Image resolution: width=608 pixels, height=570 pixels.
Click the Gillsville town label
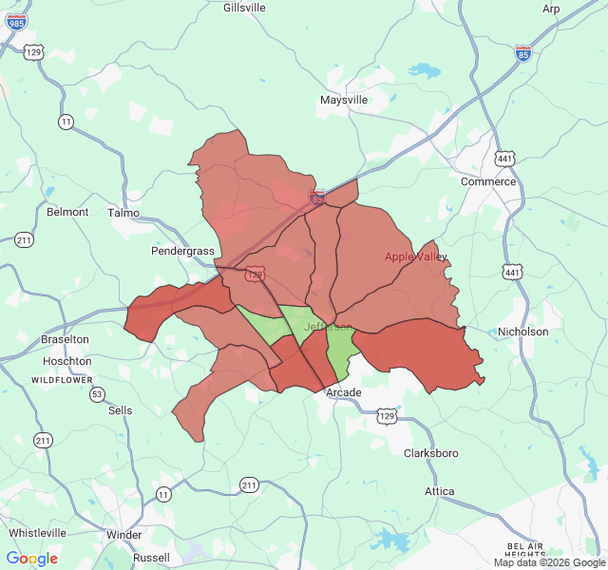point(244,8)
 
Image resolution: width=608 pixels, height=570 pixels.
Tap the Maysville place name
point(344,100)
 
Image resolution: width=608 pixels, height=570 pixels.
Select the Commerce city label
point(488,181)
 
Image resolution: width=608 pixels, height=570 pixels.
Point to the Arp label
point(551,9)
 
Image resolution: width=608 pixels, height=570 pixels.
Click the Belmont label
point(67,212)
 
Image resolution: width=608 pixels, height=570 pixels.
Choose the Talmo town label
point(123,213)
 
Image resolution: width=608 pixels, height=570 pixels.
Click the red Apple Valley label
point(416,256)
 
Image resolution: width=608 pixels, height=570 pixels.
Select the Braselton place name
point(65,339)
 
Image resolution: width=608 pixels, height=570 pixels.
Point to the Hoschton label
point(67,361)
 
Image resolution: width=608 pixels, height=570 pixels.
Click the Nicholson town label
point(523,332)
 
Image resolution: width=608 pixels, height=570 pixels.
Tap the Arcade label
point(344,392)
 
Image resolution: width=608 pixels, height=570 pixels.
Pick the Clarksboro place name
point(431,453)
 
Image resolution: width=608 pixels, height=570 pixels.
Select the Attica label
point(440,491)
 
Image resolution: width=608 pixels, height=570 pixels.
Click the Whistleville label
point(37,533)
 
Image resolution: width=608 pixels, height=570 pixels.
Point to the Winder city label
point(124,535)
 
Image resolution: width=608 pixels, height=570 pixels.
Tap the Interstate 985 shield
point(16,21)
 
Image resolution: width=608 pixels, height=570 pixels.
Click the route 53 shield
point(97,393)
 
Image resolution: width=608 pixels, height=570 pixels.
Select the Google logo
point(32,559)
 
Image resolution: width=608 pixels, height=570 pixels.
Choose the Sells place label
point(121,410)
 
